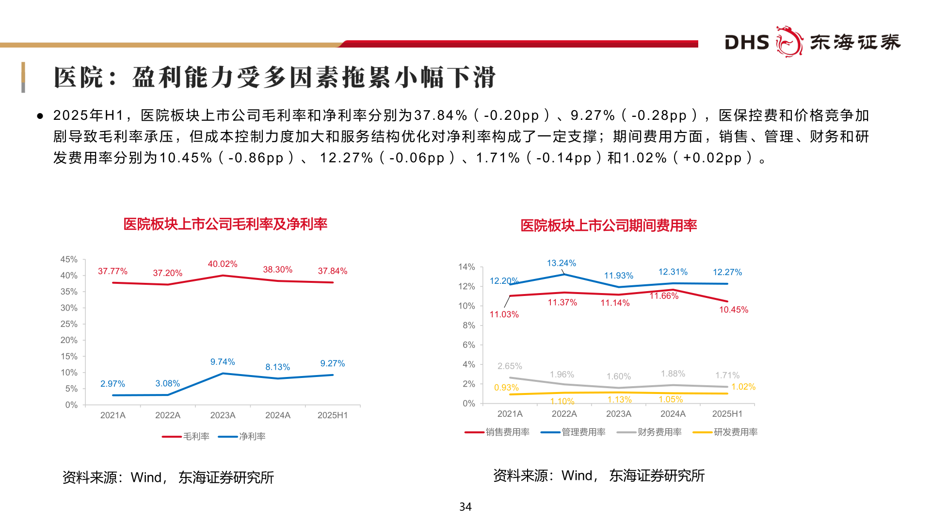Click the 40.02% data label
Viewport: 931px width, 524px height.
223,264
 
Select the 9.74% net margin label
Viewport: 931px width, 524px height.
223,362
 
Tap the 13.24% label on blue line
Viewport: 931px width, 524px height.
562,263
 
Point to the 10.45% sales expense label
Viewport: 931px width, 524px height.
733,310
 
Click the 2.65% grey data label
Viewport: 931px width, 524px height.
510,366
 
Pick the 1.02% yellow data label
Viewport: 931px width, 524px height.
743,387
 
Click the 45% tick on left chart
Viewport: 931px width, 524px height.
69,260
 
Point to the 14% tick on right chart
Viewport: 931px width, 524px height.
466,267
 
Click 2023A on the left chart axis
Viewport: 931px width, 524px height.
223,415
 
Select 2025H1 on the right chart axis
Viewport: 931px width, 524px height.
727,414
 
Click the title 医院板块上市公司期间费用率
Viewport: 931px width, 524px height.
609,226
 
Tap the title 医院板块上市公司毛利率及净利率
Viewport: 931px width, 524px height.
225,224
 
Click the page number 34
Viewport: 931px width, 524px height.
465,507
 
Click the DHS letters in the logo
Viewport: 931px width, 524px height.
747,43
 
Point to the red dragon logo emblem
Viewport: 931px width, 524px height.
789,42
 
